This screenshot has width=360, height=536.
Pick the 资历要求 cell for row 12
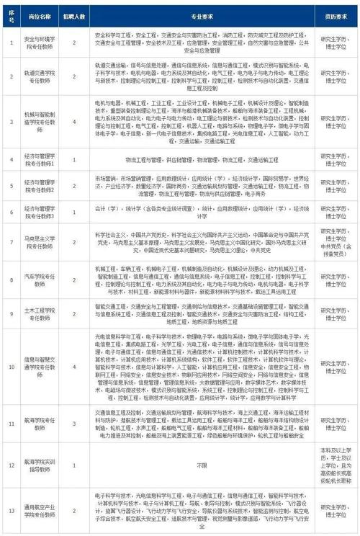333,465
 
